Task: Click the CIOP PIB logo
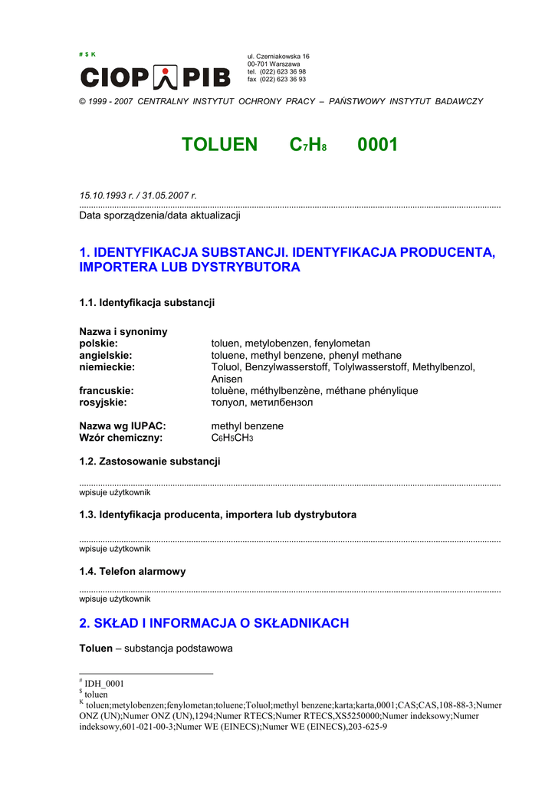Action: click(155, 77)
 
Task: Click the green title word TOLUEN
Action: click(219, 145)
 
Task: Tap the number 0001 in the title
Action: click(377, 145)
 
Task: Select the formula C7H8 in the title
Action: click(308, 145)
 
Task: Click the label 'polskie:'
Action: click(99, 343)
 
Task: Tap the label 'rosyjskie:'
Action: click(103, 402)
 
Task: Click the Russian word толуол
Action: click(228, 402)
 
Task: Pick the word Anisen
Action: click(227, 379)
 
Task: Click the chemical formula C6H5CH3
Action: click(232, 438)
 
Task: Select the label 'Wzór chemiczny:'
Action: click(120, 438)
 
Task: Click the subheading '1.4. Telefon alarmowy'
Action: click(133, 571)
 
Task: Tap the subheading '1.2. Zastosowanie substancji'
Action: click(149, 461)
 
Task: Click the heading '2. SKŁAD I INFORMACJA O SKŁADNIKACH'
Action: click(214, 623)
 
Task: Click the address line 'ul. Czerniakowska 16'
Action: click(278, 57)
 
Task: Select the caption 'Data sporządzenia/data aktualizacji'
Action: click(160, 215)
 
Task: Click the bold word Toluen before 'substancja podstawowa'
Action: click(96, 648)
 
